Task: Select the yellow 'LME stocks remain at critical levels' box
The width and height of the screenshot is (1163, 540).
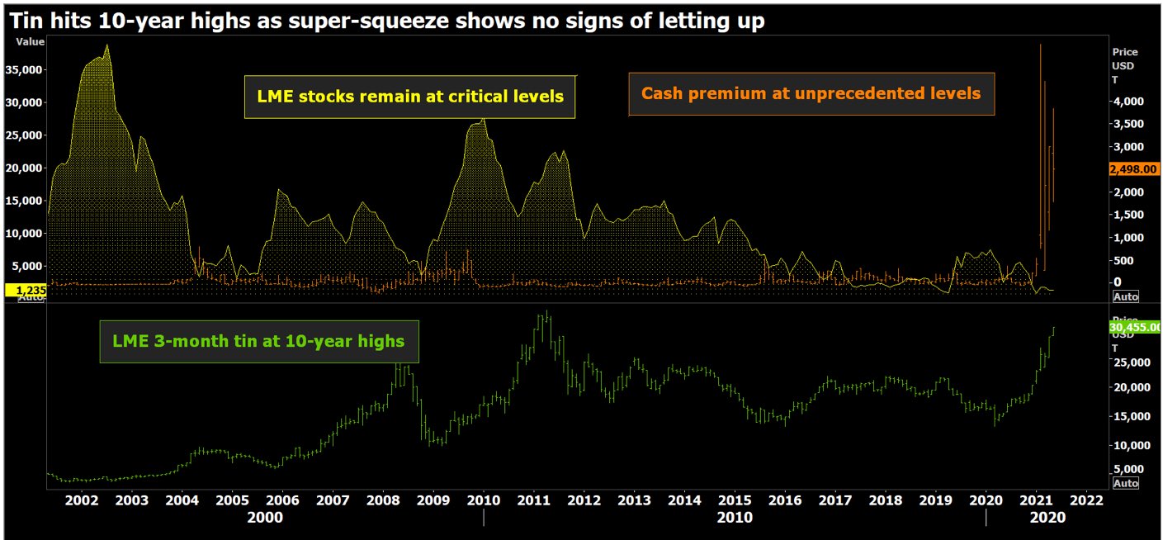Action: point(409,97)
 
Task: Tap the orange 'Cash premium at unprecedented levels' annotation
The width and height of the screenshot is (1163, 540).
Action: point(811,93)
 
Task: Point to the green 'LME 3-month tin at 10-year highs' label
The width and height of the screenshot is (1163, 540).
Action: point(259,340)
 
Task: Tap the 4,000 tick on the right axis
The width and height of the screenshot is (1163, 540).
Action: point(1128,102)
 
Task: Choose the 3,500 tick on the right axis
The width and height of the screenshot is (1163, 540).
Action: point(1128,124)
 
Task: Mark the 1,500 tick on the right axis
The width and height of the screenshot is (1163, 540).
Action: point(1128,215)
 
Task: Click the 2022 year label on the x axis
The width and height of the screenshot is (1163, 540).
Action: point(1086,500)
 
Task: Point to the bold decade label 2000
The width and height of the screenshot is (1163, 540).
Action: point(265,518)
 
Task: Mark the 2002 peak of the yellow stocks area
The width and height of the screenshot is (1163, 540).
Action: point(107,45)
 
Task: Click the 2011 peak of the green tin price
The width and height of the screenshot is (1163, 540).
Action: point(546,312)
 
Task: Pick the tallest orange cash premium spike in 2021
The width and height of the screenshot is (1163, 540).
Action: point(1040,45)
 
